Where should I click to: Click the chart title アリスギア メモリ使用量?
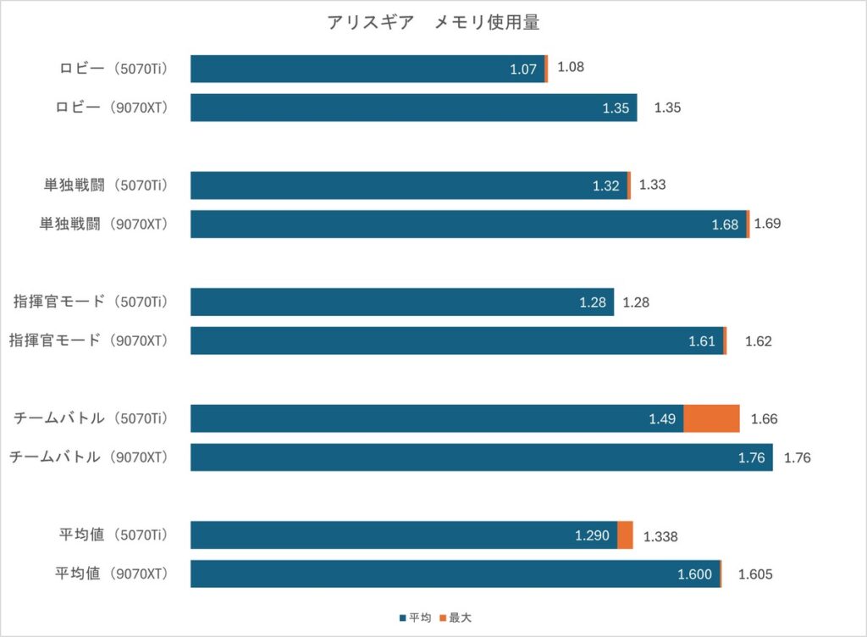pos(433,22)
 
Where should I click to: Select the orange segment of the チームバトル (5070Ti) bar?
pos(711,418)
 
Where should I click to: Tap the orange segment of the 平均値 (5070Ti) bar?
pos(626,535)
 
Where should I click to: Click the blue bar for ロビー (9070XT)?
pos(413,108)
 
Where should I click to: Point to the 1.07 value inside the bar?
pos(523,69)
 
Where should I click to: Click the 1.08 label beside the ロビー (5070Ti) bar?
pos(571,67)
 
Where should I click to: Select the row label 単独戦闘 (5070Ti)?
pos(106,186)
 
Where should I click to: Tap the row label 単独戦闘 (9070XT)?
pos(103,224)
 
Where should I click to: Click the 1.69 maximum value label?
pos(767,224)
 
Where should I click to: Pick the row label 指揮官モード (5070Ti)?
pos(91,302)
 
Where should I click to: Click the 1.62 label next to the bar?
pos(758,341)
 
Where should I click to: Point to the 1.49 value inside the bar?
pos(662,419)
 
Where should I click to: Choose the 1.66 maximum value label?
pos(765,419)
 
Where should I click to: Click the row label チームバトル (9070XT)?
pos(88,457)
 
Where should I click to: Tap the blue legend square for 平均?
pos(402,618)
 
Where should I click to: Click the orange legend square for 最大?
pos(443,618)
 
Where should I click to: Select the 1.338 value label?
pos(660,536)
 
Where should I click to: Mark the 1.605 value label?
pos(755,574)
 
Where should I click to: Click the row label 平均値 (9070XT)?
pos(111,574)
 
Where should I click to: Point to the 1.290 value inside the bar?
pos(592,536)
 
